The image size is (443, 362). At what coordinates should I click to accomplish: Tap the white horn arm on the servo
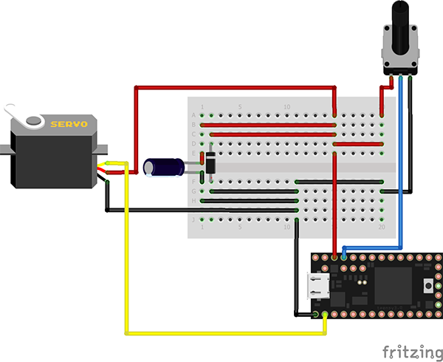[x=16, y=114]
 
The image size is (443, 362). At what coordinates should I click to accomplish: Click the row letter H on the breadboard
[x=194, y=201]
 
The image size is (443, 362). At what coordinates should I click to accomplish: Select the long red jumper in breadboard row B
[x=273, y=125]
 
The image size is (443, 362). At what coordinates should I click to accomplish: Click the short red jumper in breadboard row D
[x=358, y=143]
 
